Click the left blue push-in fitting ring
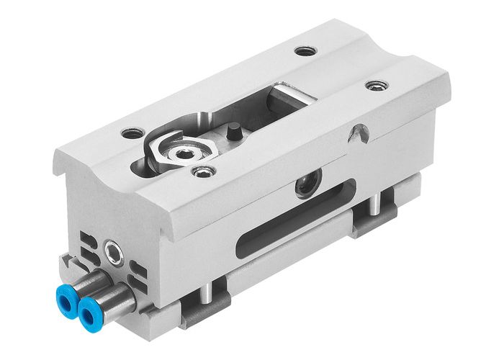click(70, 294)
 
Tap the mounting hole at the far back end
click(306, 52)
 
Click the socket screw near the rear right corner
click(374, 86)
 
